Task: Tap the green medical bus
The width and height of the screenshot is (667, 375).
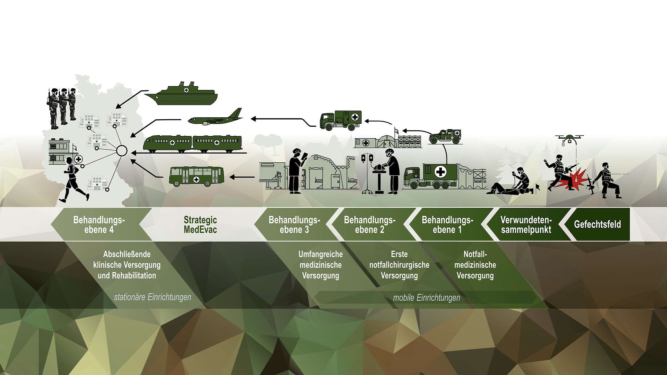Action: pyautogui.click(x=196, y=176)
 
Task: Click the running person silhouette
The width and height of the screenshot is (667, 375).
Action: pyautogui.click(x=73, y=180)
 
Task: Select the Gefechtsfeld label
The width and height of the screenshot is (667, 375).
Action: pyautogui.click(x=597, y=224)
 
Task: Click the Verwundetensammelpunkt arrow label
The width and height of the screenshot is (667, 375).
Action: pyautogui.click(x=526, y=225)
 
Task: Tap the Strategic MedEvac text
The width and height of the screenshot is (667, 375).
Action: pyautogui.click(x=200, y=225)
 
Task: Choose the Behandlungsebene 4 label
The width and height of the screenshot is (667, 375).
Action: pyautogui.click(x=99, y=225)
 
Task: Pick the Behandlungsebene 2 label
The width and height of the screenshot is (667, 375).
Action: pyautogui.click(x=370, y=225)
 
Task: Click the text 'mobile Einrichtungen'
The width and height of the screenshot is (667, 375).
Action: pyautogui.click(x=427, y=298)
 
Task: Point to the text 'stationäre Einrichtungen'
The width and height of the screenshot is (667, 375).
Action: pyautogui.click(x=152, y=297)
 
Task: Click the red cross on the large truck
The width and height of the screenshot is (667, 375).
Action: pyautogui.click(x=441, y=172)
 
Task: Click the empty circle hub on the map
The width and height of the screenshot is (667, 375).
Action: pyautogui.click(x=122, y=151)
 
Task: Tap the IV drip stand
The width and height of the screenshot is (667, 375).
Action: pyautogui.click(x=367, y=173)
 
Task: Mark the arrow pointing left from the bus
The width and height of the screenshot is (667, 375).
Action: pyautogui.click(x=242, y=177)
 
